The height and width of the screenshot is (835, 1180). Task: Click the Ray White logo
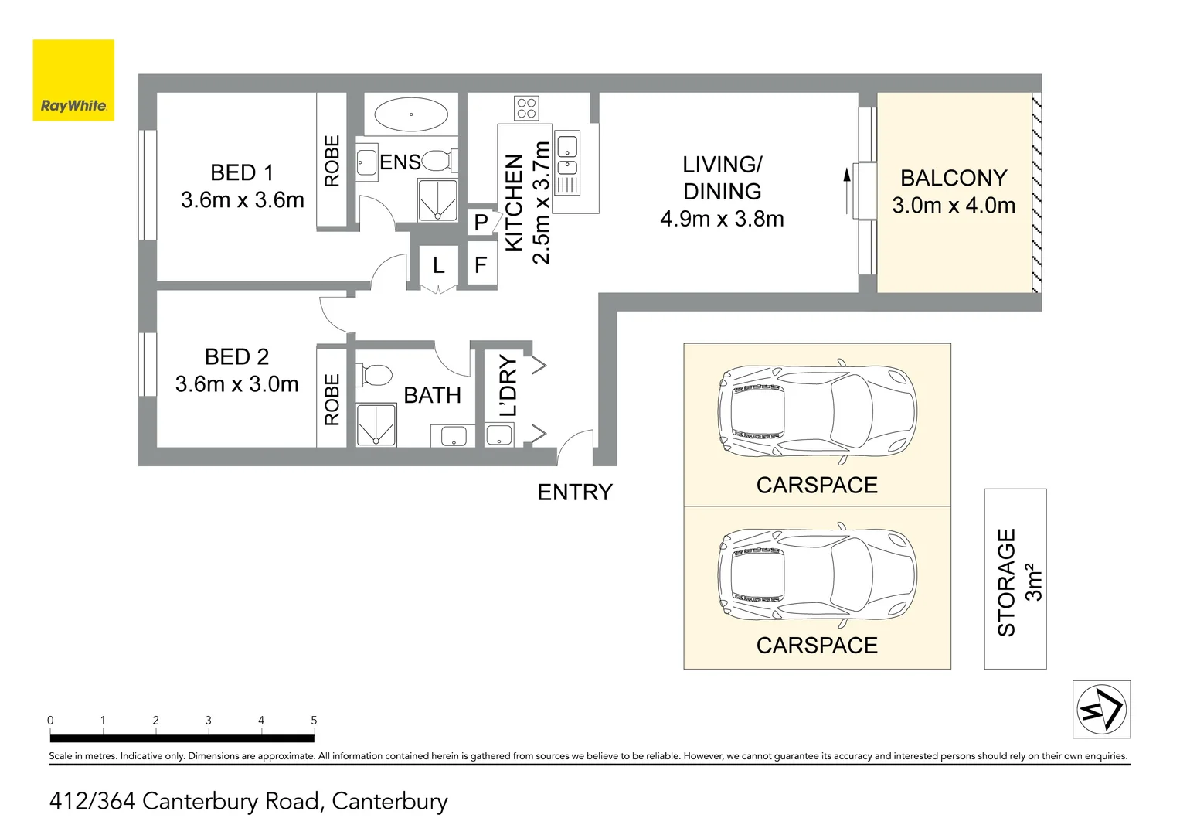pos(73,80)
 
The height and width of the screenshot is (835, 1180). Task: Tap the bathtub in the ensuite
pos(410,114)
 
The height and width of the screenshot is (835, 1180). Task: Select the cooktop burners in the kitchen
pos(527,107)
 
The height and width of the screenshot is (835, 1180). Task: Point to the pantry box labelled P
pos(481,223)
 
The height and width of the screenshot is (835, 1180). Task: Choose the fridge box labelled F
pos(481,265)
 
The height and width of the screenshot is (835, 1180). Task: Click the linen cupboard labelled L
pos(438,265)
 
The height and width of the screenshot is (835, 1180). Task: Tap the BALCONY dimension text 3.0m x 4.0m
pos(953,206)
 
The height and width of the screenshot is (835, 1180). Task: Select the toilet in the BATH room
pos(376,375)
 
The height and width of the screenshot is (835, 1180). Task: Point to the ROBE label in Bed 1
pos(332,161)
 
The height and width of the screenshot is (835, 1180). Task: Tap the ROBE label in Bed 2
pos(332,399)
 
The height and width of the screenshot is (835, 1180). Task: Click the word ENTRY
pos(574,492)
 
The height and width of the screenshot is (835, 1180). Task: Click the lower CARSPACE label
pos(817,646)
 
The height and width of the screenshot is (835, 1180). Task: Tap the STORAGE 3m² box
pos(1015,580)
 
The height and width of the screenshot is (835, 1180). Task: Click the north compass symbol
pos(1101,709)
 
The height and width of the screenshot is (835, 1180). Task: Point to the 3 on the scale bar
pos(208,721)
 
